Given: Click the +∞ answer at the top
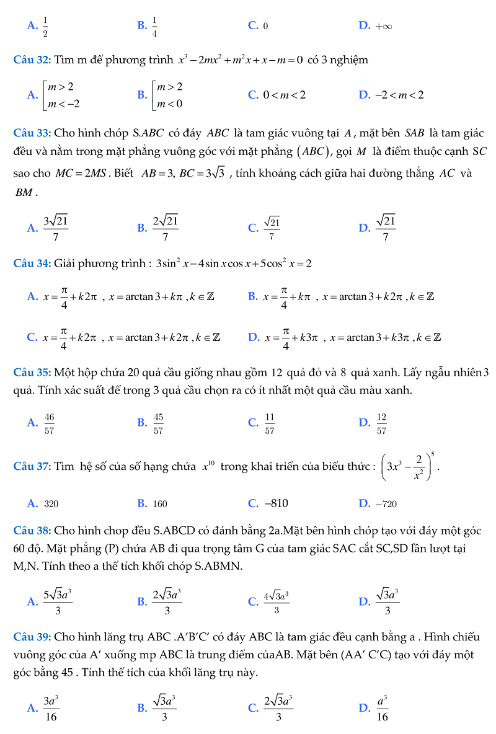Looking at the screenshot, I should point(383,26).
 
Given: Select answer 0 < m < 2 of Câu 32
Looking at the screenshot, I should point(285,95).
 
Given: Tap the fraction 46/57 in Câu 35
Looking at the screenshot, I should point(50,423).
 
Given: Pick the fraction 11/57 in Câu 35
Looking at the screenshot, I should point(270,423).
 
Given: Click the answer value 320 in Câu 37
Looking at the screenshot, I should point(51,503).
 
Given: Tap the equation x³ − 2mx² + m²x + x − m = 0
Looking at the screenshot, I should point(240,60).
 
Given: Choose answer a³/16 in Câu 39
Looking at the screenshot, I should point(382,707).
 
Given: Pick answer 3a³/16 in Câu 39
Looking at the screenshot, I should point(51,707).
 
